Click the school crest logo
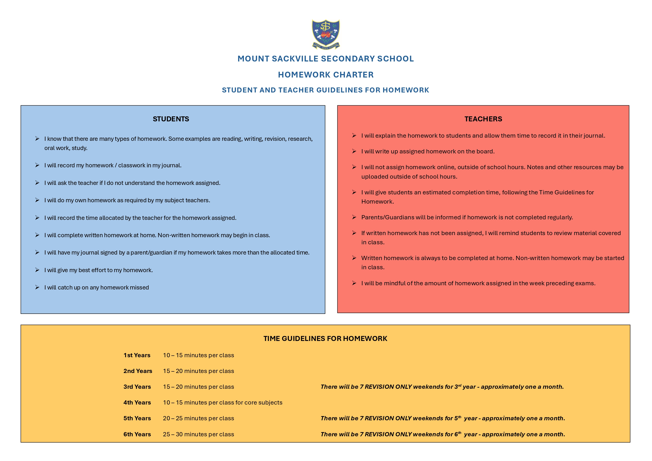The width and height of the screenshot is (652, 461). [x=326, y=34]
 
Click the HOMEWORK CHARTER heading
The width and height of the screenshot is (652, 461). [x=326, y=75]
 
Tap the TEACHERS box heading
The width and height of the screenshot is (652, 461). [x=483, y=119]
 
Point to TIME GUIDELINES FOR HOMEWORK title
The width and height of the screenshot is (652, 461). [x=325, y=338]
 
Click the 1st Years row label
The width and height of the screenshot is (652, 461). [x=137, y=355]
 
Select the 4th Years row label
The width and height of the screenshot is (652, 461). [x=137, y=402]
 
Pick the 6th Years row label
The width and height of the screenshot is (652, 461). [x=137, y=434]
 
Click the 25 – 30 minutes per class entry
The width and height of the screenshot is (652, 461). [x=198, y=434]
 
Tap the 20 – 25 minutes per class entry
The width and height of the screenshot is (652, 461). [x=198, y=418]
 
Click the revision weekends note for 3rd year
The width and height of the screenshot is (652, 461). [x=442, y=387]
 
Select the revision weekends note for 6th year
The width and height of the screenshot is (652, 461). [x=443, y=434]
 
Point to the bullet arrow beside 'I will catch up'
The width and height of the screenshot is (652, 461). [x=37, y=287]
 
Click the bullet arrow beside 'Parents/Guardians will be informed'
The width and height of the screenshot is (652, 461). [x=354, y=217]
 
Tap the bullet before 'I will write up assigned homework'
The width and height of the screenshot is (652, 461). [x=354, y=151]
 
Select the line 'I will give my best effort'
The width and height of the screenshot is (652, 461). [x=99, y=270]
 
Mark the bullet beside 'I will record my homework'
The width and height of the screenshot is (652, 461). [x=37, y=165]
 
